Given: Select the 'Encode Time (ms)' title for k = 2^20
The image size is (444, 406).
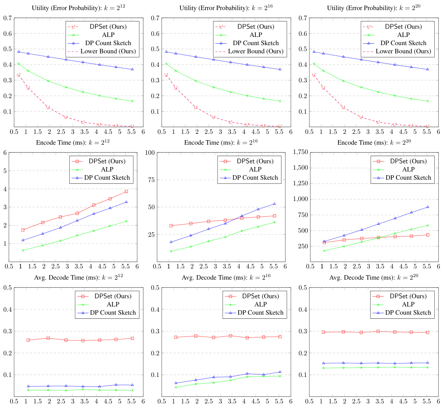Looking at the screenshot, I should point(374,142).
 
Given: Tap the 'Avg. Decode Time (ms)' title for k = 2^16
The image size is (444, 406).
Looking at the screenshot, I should point(226,277).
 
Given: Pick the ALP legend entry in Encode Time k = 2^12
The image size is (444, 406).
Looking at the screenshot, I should point(107,170).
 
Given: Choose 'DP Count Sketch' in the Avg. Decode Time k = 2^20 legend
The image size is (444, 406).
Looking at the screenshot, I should point(408,313).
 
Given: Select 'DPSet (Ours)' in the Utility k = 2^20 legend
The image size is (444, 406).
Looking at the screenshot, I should point(403,27).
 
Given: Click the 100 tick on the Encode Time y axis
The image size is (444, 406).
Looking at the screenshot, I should point(150,152).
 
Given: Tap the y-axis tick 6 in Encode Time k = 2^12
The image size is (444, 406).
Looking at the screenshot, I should point(5,152).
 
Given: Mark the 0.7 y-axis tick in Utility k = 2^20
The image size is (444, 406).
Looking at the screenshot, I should point(303,18).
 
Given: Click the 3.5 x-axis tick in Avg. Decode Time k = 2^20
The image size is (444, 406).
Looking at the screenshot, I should point(380,402).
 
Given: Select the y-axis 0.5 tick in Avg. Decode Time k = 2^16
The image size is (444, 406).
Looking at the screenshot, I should point(155,287).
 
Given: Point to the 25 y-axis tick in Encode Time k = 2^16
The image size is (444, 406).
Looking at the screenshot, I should point(151,235).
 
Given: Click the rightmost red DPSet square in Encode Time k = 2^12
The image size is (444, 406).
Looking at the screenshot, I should point(126,192).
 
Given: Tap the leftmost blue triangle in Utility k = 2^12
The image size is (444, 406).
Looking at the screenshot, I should point(19,52).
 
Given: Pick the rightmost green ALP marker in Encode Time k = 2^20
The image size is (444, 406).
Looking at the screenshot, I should point(428,225).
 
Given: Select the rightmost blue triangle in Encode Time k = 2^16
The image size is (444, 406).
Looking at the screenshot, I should point(274,204).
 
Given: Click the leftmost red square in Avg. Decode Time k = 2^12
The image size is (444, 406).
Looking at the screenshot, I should point(28,340).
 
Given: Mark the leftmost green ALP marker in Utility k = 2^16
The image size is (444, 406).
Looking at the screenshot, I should point(166,64).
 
